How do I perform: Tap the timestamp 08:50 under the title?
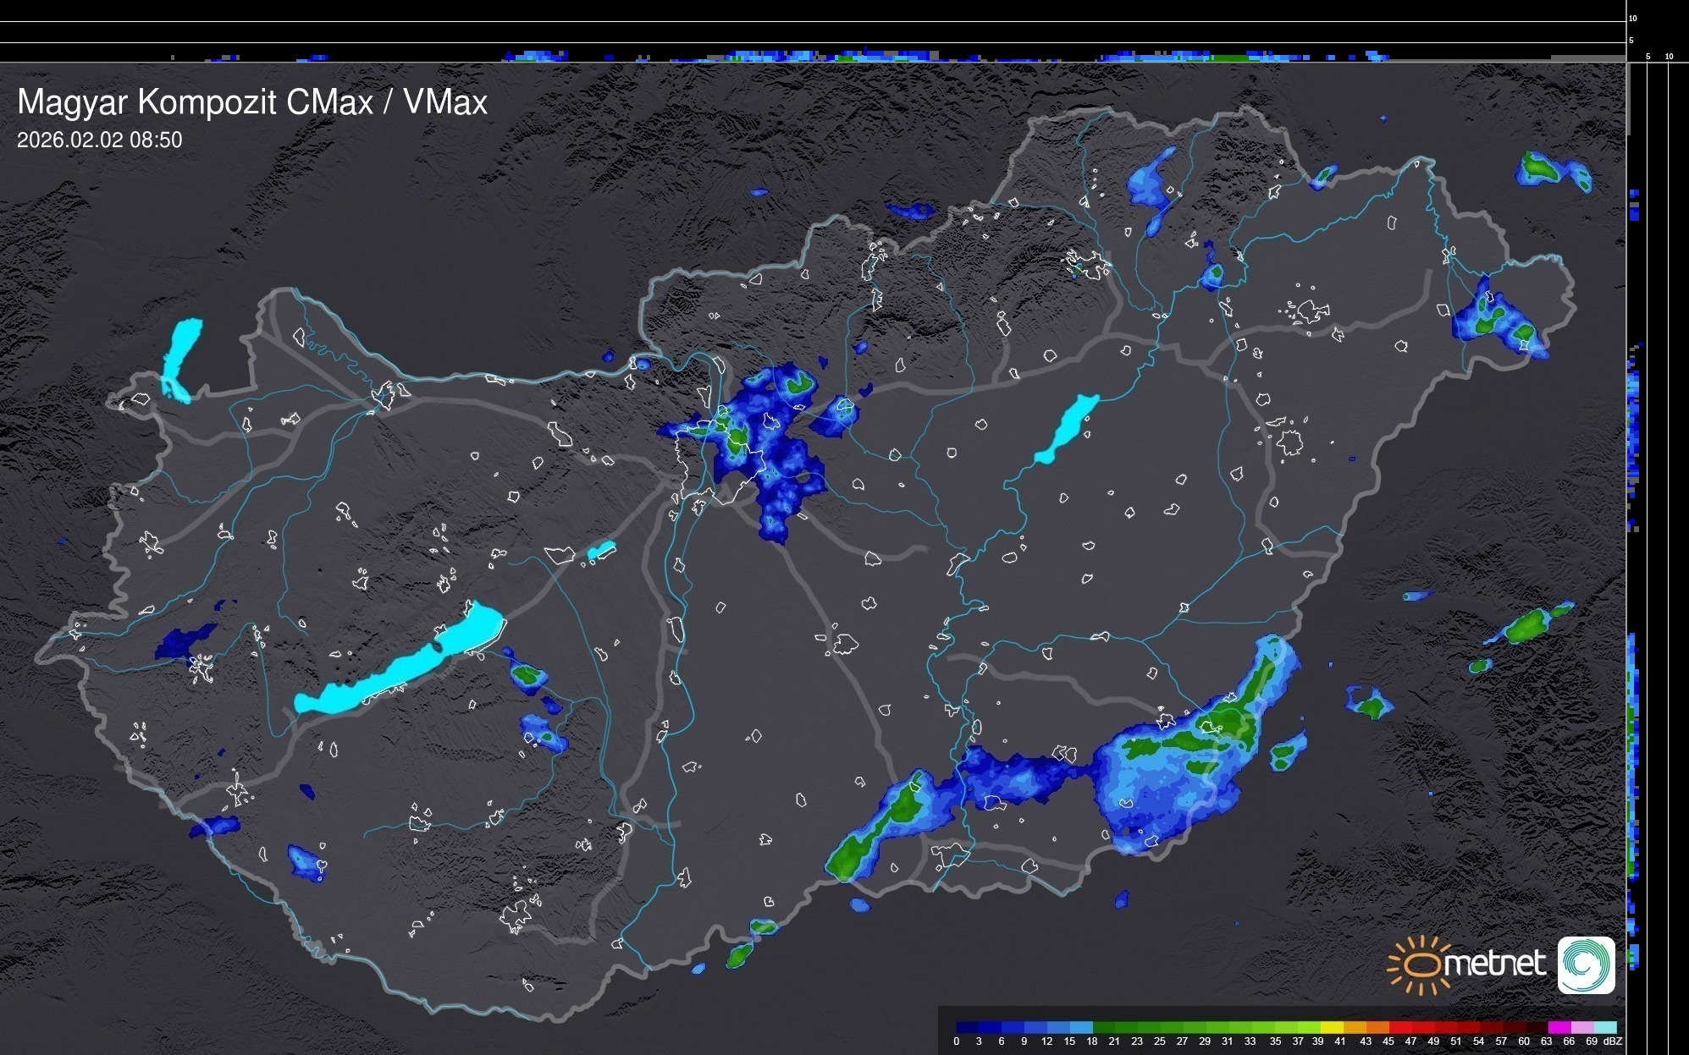pos(156,140)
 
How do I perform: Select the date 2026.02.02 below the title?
pos(70,140)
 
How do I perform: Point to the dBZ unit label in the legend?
pos(1612,1041)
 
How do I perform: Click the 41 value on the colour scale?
pos(1340,1041)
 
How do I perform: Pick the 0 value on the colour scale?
pos(957,1041)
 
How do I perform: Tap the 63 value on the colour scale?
pos(1546,1041)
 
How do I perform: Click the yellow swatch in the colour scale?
pos(1331,1027)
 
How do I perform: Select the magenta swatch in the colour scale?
pos(1558,1027)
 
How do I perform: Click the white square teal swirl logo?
pos(1587,964)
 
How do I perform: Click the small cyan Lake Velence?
pos(601,551)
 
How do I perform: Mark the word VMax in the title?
pos(445,103)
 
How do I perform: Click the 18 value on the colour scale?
pos(1092,1041)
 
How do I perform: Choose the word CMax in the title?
pos(329,103)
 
